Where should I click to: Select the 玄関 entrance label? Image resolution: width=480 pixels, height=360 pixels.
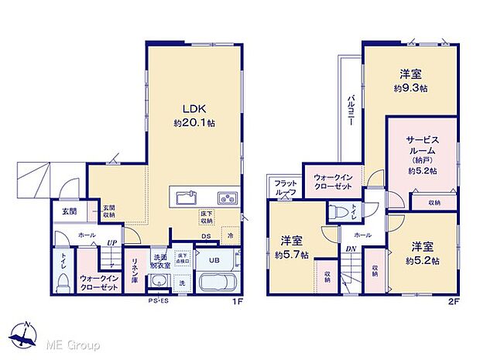click(x=70, y=211)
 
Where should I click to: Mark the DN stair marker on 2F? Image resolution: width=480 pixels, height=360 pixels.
click(x=350, y=249)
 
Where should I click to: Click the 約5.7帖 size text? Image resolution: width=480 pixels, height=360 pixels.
click(x=293, y=255)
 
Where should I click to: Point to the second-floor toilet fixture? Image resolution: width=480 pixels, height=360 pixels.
click(x=338, y=211)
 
